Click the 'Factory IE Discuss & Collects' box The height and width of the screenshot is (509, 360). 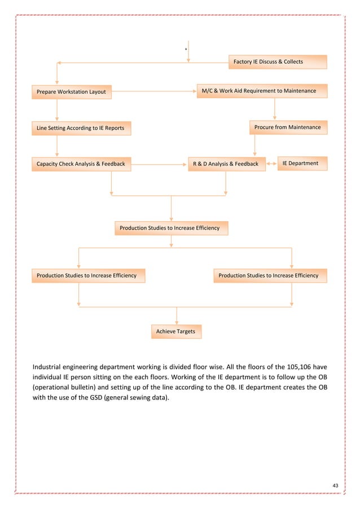click(x=277, y=62)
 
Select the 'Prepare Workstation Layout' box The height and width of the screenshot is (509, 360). click(x=72, y=91)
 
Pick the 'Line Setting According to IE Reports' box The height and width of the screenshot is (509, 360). click(x=80, y=129)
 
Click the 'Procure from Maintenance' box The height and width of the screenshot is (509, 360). click(x=287, y=128)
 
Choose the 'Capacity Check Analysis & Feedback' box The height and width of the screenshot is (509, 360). click(x=81, y=164)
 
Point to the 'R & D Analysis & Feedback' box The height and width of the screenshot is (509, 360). click(x=226, y=164)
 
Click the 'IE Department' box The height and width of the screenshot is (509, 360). click(x=300, y=164)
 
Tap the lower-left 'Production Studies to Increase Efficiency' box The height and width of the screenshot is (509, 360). click(x=87, y=276)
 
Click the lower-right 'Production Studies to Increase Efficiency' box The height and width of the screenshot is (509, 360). click(x=269, y=276)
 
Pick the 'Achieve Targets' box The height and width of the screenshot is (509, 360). click(x=176, y=332)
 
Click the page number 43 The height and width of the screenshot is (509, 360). click(x=336, y=486)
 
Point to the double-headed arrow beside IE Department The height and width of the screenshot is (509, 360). click(x=270, y=164)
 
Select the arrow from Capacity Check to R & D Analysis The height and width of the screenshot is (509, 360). click(x=159, y=165)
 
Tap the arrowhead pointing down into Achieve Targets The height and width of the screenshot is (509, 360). click(x=177, y=322)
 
